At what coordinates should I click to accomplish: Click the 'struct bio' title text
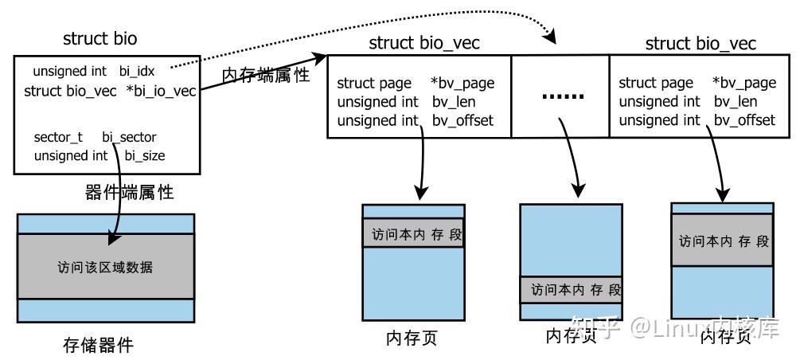click(100, 38)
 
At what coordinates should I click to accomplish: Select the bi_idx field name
click(137, 72)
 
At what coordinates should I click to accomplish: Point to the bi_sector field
click(129, 137)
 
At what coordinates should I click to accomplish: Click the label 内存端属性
click(265, 76)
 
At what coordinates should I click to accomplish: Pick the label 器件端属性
click(129, 192)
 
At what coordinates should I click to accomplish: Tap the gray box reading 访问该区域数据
click(105, 267)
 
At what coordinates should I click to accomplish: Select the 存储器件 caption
click(98, 345)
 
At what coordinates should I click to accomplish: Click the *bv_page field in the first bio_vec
click(462, 83)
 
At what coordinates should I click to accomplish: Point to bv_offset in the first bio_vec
click(462, 120)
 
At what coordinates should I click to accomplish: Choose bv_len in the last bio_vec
click(735, 101)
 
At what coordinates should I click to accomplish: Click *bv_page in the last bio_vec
click(743, 83)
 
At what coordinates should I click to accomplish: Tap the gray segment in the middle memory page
click(571, 290)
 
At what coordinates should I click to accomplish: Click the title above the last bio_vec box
click(700, 43)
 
